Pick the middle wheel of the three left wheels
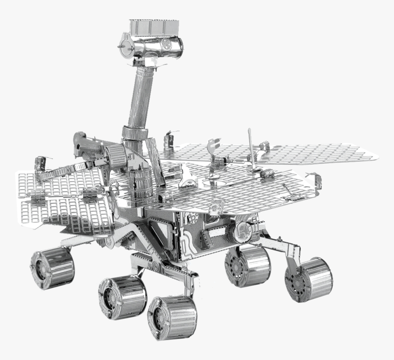pos(122,297)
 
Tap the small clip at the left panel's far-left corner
pos(40,163)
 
